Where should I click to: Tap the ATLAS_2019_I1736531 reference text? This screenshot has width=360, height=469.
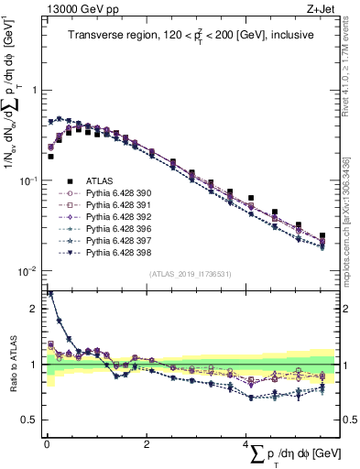190,274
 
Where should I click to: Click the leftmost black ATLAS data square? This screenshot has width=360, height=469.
50,157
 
